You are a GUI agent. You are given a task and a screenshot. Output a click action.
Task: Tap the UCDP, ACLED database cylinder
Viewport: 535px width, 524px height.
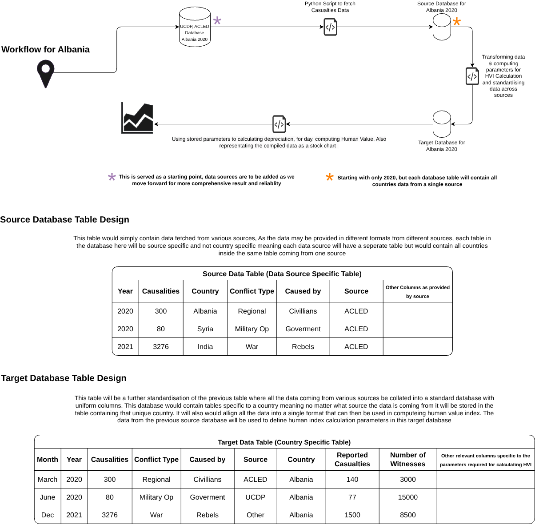pos(195,27)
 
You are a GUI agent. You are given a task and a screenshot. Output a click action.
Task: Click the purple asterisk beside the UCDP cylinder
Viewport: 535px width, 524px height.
pos(217,20)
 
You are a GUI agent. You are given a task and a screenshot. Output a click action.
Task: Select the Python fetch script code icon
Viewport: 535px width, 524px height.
pos(331,27)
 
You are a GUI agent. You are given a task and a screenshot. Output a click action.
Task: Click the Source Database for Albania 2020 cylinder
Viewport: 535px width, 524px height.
pos(442,27)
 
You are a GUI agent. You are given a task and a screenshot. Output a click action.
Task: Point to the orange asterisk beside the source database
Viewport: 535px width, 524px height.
pos(457,21)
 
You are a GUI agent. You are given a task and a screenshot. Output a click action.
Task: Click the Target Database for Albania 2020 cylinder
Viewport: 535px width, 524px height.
pos(442,124)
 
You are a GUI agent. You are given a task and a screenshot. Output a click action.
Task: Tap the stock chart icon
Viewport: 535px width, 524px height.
pos(137,118)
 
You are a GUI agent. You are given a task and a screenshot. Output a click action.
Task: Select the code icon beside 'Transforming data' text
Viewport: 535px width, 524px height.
pos(472,76)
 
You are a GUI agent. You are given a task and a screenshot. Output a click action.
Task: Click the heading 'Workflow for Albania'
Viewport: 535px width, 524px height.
pos(45,49)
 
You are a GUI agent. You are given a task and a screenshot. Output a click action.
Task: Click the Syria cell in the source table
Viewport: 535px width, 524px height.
pos(205,329)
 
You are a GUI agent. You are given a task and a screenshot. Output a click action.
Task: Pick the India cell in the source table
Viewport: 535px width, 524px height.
pos(205,347)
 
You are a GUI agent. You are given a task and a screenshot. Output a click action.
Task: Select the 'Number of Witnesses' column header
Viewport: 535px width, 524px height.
pos(408,459)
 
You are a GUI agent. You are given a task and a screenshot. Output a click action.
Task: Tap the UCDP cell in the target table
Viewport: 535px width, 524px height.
pos(256,497)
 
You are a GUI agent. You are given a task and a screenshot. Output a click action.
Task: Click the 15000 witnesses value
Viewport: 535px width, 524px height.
pos(408,497)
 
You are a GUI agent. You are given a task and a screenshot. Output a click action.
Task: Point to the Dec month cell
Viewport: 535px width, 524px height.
pos(48,515)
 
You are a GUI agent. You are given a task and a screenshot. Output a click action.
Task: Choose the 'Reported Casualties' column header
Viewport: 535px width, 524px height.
pos(352,459)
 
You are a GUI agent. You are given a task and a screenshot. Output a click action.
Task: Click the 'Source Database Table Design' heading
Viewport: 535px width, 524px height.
pos(65,219)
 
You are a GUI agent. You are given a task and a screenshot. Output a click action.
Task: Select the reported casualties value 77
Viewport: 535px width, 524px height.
pos(352,497)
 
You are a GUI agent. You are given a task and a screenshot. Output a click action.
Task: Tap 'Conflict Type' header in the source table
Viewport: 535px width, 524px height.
pos(252,291)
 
